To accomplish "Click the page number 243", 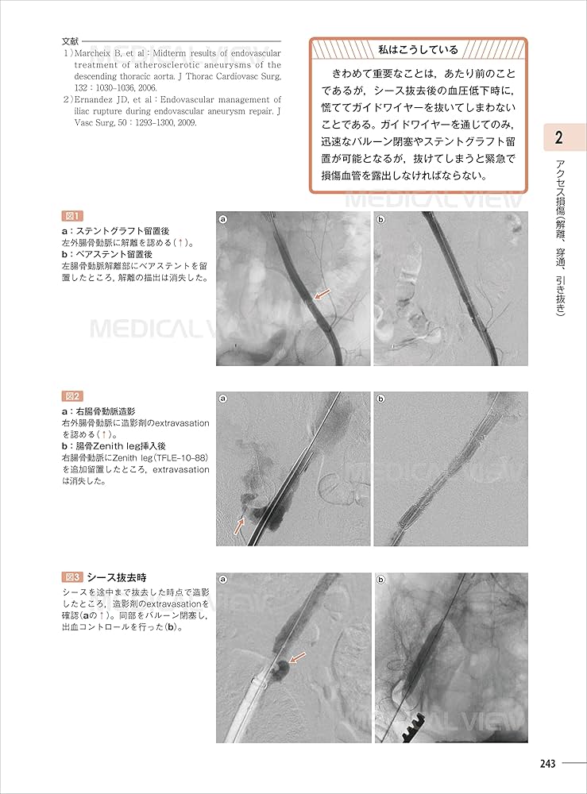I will tap(546, 764).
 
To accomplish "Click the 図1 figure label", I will tap(72, 216).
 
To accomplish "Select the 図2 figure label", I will tap(72, 396).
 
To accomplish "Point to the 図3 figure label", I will tap(72, 577).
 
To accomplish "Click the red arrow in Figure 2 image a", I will tap(239, 524).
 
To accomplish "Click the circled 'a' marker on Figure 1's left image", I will tap(224, 219).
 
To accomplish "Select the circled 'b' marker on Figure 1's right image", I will tap(381, 219).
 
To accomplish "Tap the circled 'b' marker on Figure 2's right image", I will tap(381, 399).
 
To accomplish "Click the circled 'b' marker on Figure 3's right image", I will tap(381, 580).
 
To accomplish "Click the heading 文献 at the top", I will tap(70, 41).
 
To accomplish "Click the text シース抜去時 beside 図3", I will tap(116, 577).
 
